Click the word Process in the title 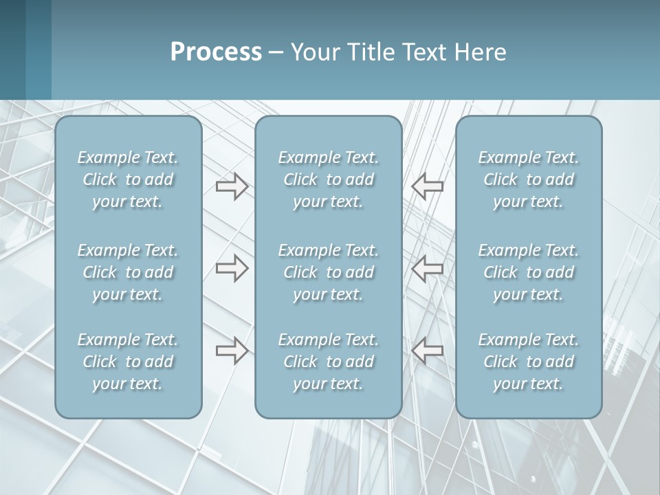point(216,52)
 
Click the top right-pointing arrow point(232,186)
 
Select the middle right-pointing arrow point(232,268)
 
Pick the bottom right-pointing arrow point(232,351)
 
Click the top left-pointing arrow point(428,186)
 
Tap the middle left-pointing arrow point(428,268)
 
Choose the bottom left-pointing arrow point(428,351)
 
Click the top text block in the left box point(128,179)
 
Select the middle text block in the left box point(128,272)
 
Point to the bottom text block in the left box point(128,362)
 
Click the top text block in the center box point(328,179)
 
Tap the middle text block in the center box point(328,272)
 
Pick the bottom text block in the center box point(328,362)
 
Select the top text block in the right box point(528,179)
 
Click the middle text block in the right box point(528,272)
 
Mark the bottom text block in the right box point(528,362)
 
